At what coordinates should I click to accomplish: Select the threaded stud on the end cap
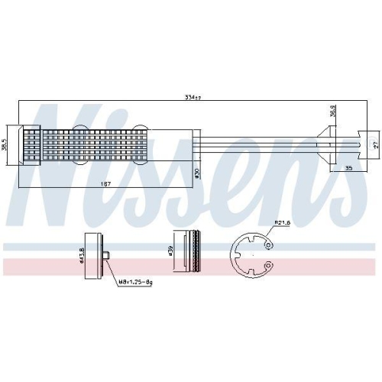click(x=110, y=257)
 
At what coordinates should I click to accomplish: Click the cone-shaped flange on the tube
click(x=324, y=141)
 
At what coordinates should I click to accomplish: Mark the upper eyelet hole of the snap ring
click(x=269, y=244)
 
